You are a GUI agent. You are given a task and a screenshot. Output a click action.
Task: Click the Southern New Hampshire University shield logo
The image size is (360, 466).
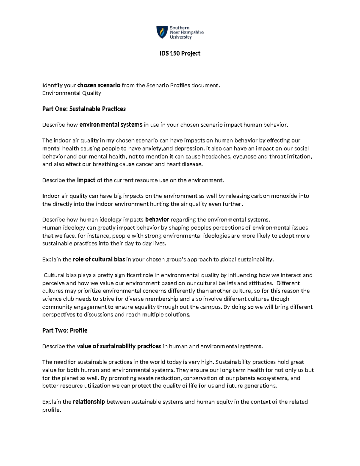(x=162, y=32)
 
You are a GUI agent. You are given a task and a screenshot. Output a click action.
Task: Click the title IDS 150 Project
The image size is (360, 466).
(x=180, y=53)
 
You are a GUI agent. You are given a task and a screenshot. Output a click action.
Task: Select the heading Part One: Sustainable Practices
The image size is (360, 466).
(x=84, y=109)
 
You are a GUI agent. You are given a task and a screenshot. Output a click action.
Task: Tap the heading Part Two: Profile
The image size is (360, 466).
(x=65, y=330)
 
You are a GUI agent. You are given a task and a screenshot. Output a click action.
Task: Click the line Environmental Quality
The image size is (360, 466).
(x=72, y=93)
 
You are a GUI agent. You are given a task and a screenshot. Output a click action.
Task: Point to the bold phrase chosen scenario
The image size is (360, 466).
(x=99, y=85)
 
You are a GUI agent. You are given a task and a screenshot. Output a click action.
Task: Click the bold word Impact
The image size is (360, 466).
(x=86, y=180)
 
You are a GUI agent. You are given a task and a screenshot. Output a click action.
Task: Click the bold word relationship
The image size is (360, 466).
(x=89, y=402)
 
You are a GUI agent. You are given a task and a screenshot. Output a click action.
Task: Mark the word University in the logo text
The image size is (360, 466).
(x=181, y=37)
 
